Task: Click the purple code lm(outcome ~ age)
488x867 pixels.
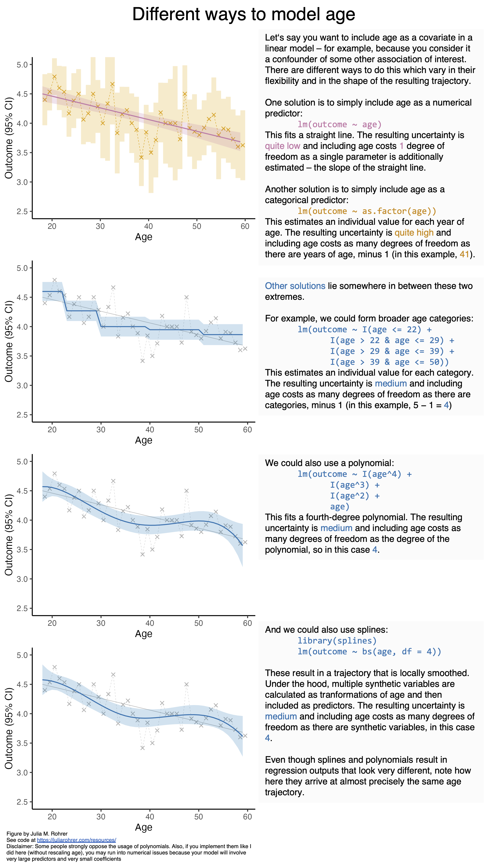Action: point(339,125)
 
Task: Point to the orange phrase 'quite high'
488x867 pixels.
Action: point(414,233)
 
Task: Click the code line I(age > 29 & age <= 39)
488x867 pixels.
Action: point(392,351)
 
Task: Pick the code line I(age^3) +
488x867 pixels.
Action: point(355,485)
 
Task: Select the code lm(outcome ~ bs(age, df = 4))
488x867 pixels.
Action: point(369,651)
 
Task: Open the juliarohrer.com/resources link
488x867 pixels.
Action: point(76,840)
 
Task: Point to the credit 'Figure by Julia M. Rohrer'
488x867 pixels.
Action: point(37,834)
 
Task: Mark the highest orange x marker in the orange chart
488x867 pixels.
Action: point(54,77)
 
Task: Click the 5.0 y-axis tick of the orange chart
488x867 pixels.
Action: point(22,65)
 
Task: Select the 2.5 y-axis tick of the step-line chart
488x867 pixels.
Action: point(22,415)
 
